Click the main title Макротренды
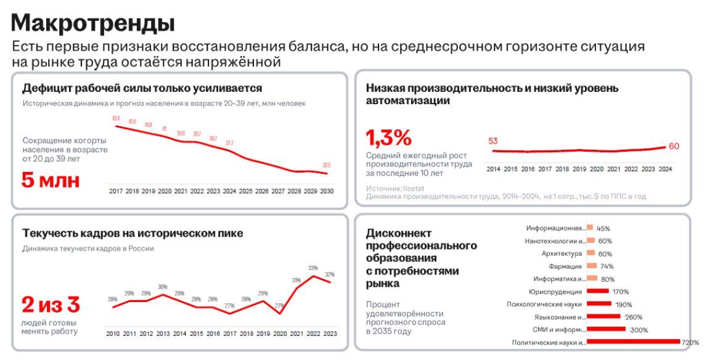pyautogui.click(x=93, y=23)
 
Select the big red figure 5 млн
pyautogui.click(x=51, y=181)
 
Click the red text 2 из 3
pyautogui.click(x=51, y=305)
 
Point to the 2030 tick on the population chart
pyautogui.click(x=327, y=192)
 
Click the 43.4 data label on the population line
pyautogui.click(x=116, y=118)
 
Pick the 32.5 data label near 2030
pyautogui.click(x=327, y=165)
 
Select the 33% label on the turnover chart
pyautogui.click(x=313, y=268)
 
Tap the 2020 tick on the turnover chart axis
pyautogui.click(x=280, y=333)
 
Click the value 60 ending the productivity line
pyautogui.click(x=674, y=146)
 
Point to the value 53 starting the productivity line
pyautogui.click(x=493, y=141)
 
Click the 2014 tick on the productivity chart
pyautogui.click(x=493, y=168)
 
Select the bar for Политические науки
pyautogui.click(x=633, y=342)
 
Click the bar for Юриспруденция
pyautogui.click(x=598, y=291)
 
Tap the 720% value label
pyautogui.click(x=690, y=342)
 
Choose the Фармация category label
pyautogui.click(x=566, y=266)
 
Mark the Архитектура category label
pyautogui.click(x=562, y=253)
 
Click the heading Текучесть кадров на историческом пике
pyautogui.click(x=133, y=233)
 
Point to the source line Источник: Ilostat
pyautogui.click(x=395, y=188)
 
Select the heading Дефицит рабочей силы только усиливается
pyautogui.click(x=142, y=88)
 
